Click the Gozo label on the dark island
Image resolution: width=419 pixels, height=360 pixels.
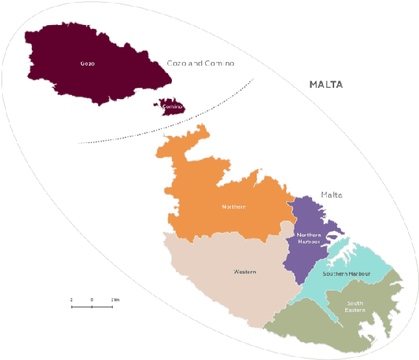click(x=87, y=63)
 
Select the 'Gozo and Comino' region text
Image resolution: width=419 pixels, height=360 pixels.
click(x=200, y=64)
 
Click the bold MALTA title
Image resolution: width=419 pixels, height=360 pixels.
click(x=325, y=85)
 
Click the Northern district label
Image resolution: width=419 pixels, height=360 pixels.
click(x=233, y=207)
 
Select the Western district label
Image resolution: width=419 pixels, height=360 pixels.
click(x=245, y=272)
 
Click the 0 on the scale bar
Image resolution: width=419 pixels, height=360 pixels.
click(x=91, y=300)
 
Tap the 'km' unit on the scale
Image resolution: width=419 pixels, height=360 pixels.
click(x=116, y=300)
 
